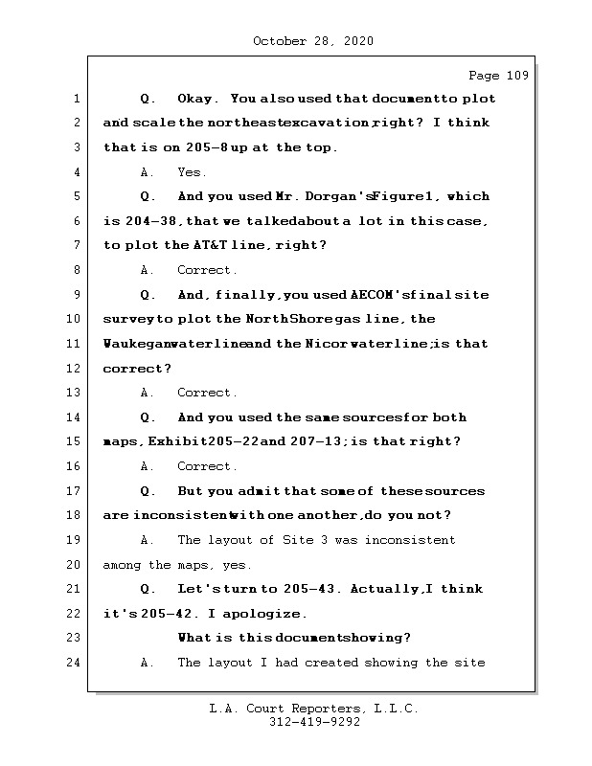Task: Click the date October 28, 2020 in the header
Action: pos(312,41)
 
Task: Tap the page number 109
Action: pos(512,76)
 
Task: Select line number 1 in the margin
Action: pos(75,99)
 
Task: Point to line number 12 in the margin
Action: pos(75,369)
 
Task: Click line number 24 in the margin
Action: pos(75,663)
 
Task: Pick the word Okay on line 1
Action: pos(197,99)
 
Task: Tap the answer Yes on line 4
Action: pos(192,172)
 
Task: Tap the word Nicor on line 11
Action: pos(328,344)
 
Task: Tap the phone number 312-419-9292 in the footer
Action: pos(314,723)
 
